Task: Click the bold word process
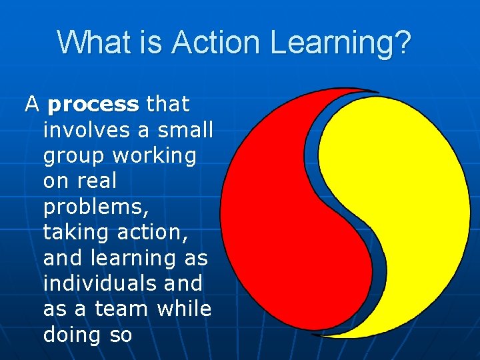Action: (93, 105)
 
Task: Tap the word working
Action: (155, 157)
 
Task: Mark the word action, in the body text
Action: (155, 232)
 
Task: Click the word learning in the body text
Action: (139, 259)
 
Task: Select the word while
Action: (185, 309)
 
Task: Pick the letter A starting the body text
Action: (32, 105)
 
